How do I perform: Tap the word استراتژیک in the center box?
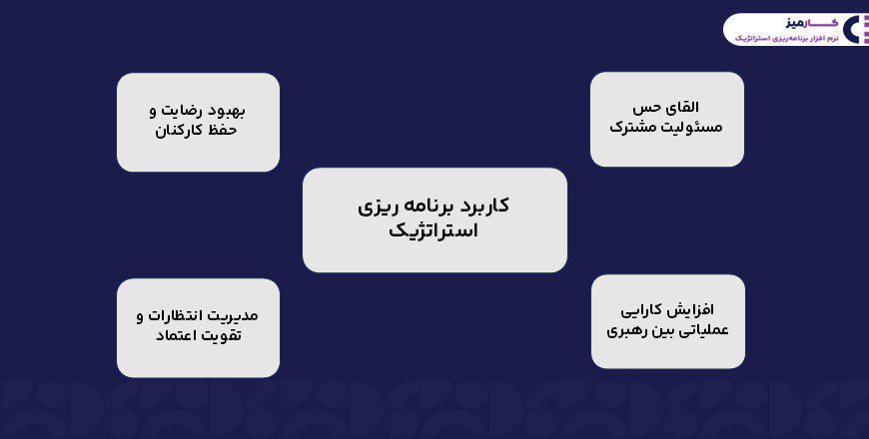click(434, 232)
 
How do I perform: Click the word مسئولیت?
click(694, 128)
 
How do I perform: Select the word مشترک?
click(636, 128)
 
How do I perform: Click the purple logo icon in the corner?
click(855, 29)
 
